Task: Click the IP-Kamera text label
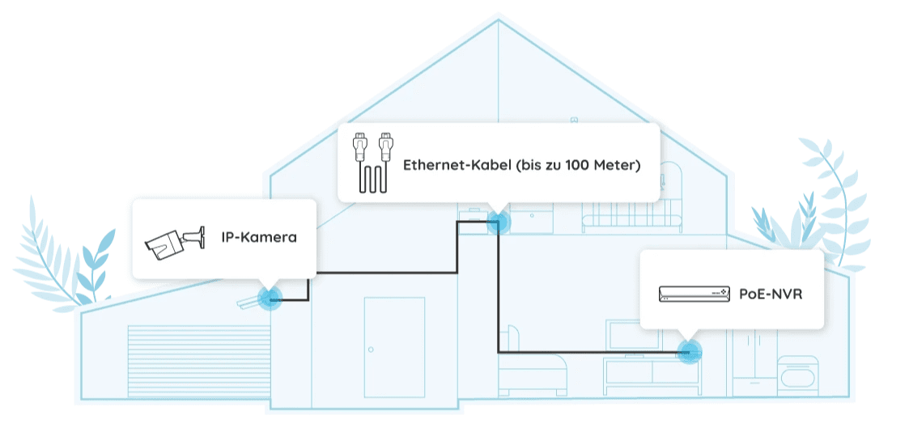tap(259, 238)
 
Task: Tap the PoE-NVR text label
tap(771, 294)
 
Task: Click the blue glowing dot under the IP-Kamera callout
tap(269, 299)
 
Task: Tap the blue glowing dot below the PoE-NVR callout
tap(689, 352)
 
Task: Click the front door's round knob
tap(371, 350)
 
